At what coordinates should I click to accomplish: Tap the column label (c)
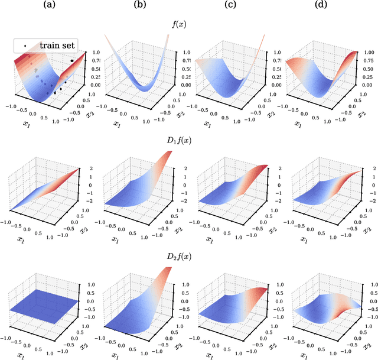pos(233,7)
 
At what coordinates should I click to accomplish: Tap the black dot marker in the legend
pos(25,46)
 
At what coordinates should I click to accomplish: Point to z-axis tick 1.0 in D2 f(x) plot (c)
pos(273,283)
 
